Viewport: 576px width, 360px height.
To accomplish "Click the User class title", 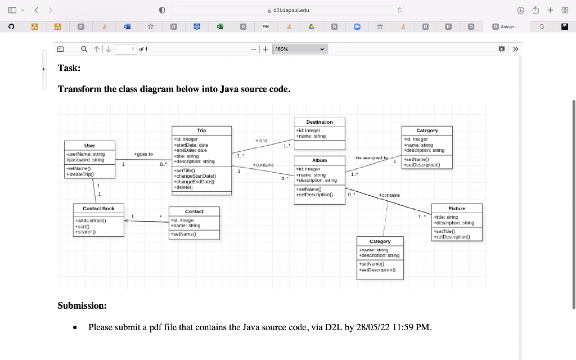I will (89, 146).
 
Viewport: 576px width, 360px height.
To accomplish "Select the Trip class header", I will (201, 130).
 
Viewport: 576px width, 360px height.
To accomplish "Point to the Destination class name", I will (319, 122).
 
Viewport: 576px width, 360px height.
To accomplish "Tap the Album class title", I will (319, 160).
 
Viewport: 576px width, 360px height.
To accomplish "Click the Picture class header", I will (457, 208).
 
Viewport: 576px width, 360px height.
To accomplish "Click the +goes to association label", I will (143, 154).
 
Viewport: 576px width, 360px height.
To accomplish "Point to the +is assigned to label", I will (372, 158).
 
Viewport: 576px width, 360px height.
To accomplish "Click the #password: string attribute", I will (85, 160).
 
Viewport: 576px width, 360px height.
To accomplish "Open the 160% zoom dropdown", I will (300, 49).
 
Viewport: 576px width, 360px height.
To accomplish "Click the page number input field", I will (126, 49).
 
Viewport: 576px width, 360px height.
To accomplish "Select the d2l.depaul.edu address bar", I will (288, 10).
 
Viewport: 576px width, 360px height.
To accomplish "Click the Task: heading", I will (69, 68).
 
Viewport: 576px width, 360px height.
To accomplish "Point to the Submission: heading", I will (82, 306).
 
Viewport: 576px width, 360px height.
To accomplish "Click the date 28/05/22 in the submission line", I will (372, 327).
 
